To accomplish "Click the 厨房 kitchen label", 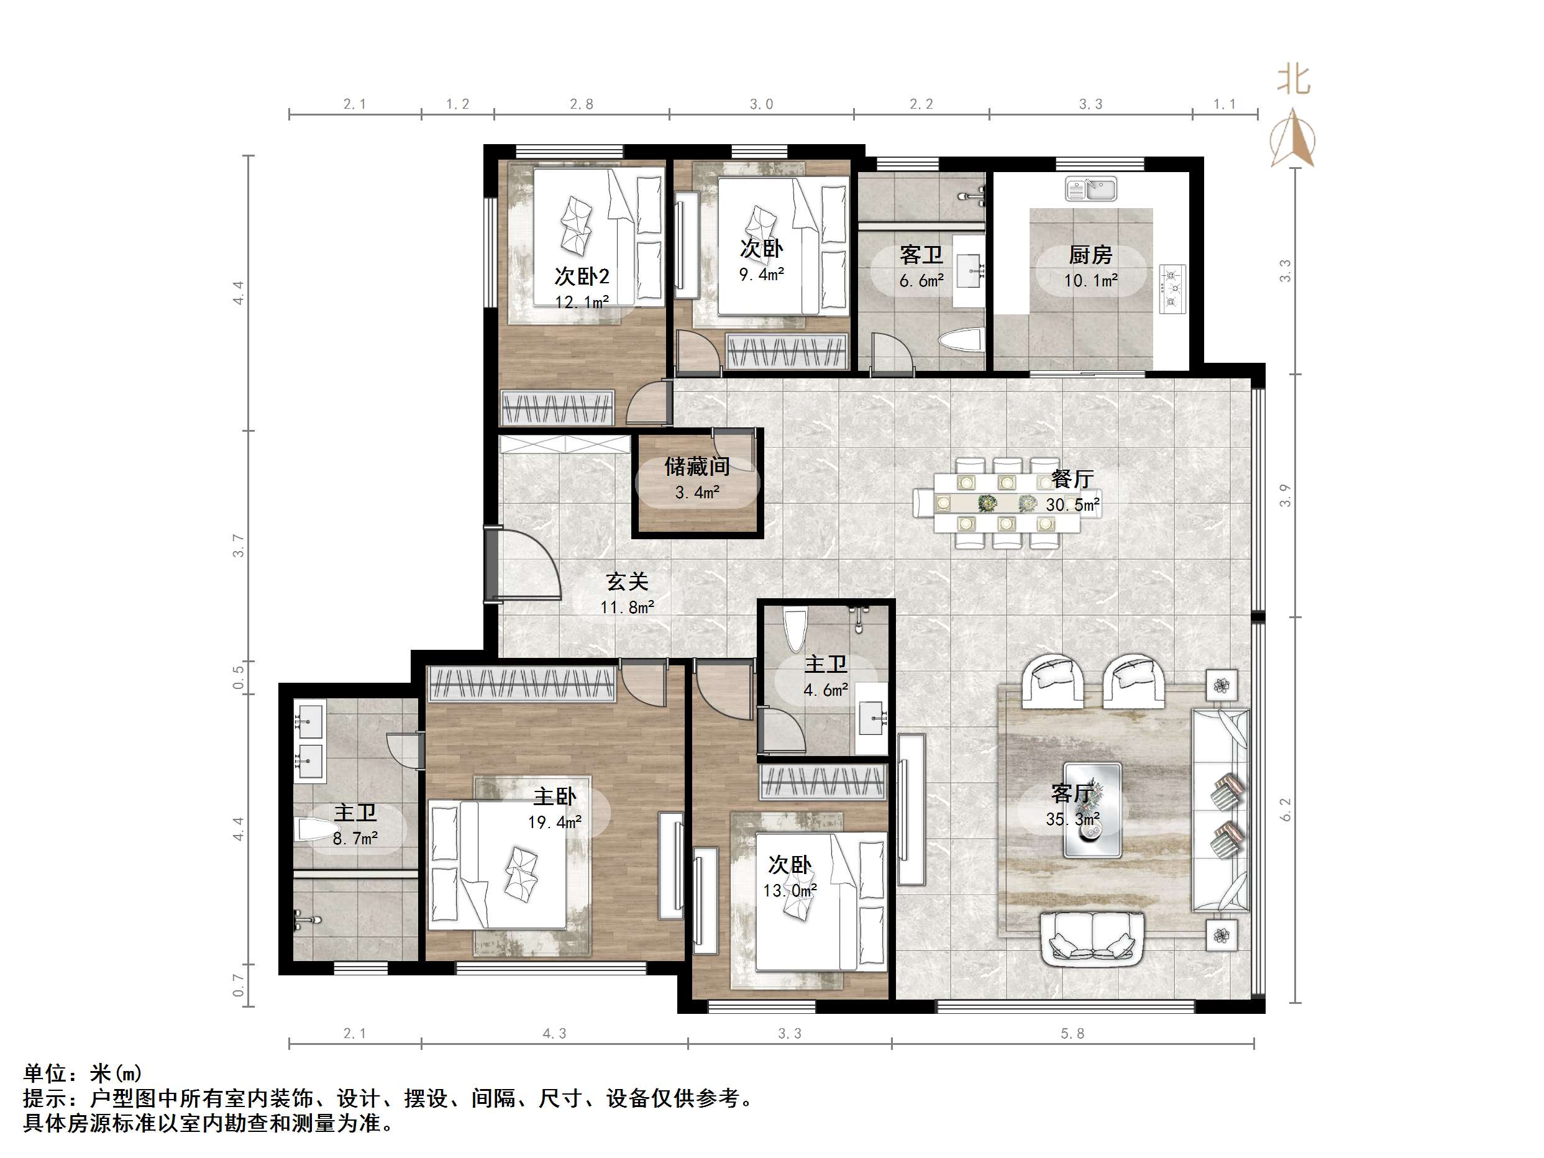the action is tap(1090, 255).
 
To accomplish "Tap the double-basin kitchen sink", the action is tap(1091, 188).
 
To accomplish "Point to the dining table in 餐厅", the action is tap(1007, 503).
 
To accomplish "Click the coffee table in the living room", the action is tap(1092, 809).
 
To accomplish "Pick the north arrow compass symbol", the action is tap(1294, 137).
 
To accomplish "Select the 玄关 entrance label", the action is tap(627, 581).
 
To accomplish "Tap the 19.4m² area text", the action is tap(554, 823).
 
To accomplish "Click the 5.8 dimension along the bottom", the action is tap(1072, 1033).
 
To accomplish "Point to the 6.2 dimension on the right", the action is tap(1286, 809).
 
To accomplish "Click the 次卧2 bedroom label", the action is tap(582, 276).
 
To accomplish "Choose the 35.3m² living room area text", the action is tap(1073, 819).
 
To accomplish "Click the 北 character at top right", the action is tap(1294, 80).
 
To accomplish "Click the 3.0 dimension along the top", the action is tap(761, 104).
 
